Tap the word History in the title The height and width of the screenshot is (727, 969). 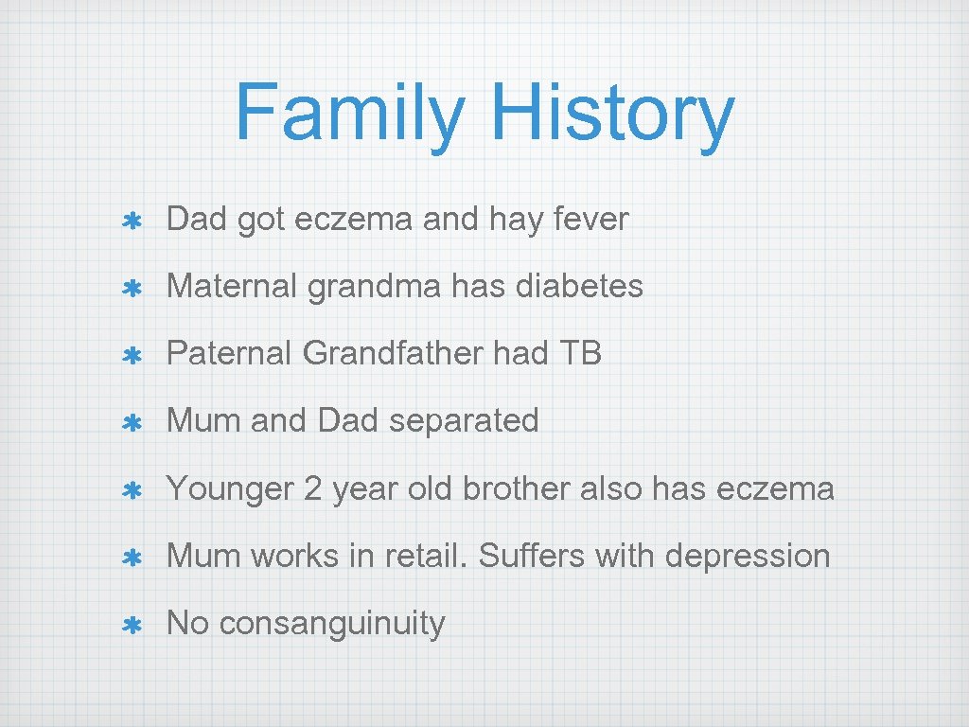611,114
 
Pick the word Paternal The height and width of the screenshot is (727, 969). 230,353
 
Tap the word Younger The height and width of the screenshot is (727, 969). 231,488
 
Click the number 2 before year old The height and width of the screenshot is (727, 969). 313,488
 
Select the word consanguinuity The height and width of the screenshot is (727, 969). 331,624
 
